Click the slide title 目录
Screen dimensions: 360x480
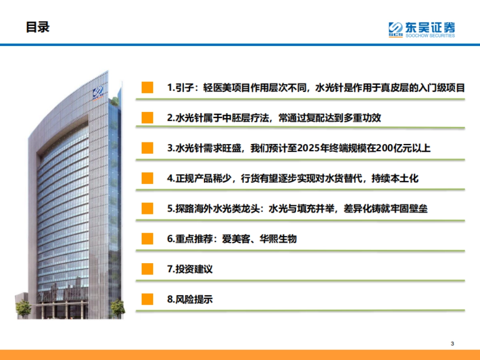point(38,27)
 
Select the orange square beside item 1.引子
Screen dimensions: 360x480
point(147,88)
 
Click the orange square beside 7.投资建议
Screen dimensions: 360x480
point(147,269)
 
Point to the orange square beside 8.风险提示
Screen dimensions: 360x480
point(147,299)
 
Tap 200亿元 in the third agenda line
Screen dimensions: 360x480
point(394,148)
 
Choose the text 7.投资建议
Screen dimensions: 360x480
point(190,269)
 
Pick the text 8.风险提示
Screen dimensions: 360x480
point(190,299)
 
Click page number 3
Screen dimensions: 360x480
point(452,343)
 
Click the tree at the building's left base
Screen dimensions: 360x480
point(23,308)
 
